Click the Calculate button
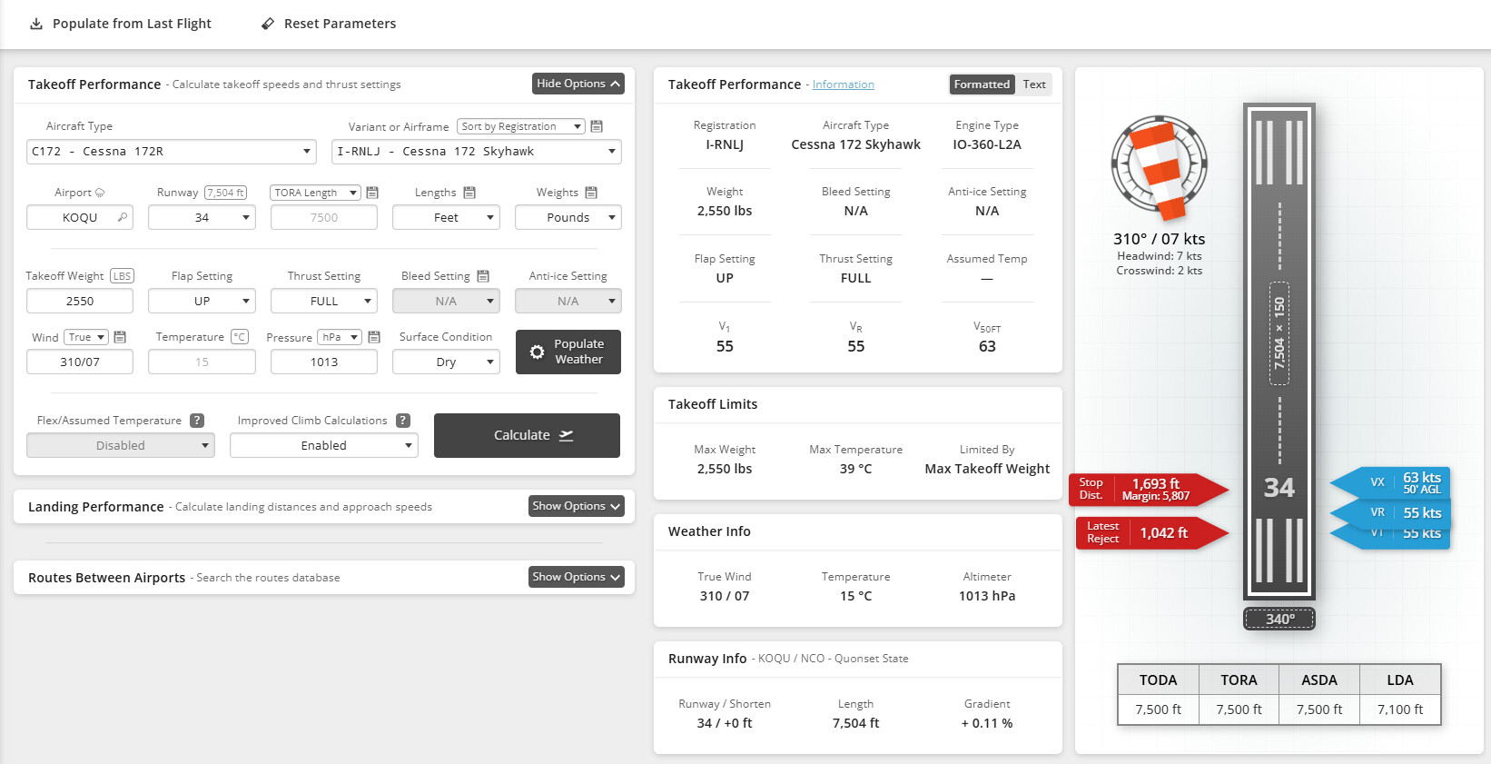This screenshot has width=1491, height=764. click(527, 435)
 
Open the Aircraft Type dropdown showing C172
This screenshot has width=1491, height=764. click(172, 152)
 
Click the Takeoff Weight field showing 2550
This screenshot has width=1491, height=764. click(80, 301)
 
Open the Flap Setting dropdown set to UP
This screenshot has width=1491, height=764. click(202, 301)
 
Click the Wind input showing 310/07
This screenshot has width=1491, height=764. click(80, 362)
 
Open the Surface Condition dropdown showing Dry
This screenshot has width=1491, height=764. click(446, 362)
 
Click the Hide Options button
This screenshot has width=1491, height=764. click(578, 84)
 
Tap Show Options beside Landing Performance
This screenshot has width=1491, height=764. click(576, 506)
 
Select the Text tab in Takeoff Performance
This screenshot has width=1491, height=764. click(1034, 84)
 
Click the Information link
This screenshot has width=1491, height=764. click(843, 84)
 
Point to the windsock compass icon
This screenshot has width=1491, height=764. click(1160, 166)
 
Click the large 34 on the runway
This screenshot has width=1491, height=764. click(1279, 488)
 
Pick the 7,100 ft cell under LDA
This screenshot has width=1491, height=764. click(1399, 709)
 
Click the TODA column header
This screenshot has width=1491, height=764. click(1158, 680)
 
